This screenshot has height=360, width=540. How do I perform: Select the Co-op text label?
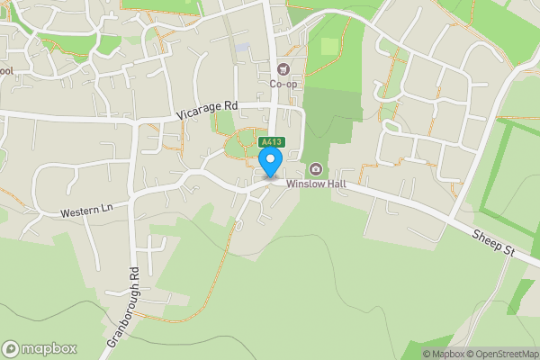[x=284, y=85]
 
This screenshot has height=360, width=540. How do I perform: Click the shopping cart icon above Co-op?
[x=284, y=69]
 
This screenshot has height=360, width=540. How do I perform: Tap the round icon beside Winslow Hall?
[x=316, y=169]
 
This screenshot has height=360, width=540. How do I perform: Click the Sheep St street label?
[x=492, y=244]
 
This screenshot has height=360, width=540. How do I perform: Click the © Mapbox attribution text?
[x=444, y=354]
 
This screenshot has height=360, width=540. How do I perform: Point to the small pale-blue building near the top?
[x=242, y=48]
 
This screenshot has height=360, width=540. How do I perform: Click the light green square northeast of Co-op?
[x=330, y=46]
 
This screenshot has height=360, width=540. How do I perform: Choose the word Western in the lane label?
[x=78, y=213]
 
